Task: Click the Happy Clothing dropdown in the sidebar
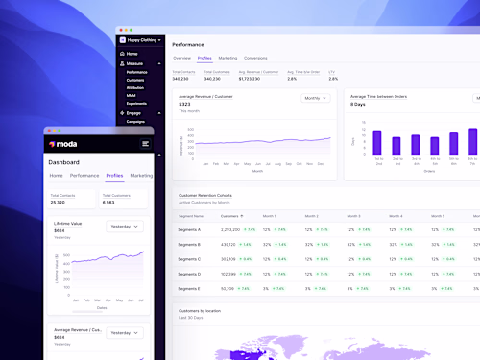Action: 140,40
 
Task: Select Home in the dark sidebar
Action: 132,54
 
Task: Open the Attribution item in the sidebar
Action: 135,87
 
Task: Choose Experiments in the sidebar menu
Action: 136,102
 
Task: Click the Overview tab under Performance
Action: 181,58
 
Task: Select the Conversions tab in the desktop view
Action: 255,58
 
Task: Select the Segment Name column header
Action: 192,216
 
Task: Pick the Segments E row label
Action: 190,288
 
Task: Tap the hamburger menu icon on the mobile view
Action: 145,143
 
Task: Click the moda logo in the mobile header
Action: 63,144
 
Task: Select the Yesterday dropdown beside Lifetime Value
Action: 126,228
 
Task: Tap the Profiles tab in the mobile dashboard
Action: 114,176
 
